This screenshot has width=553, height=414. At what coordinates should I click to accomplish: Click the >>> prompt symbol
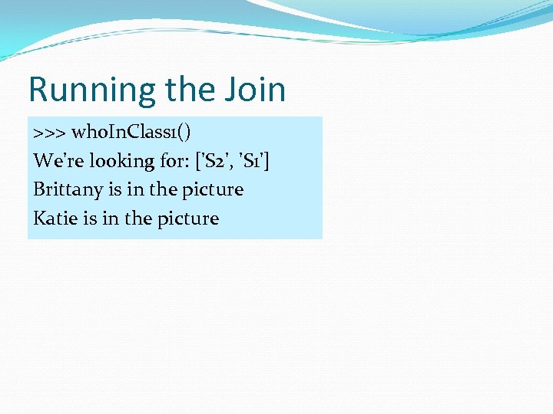49,133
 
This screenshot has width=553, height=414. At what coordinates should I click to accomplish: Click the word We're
55,161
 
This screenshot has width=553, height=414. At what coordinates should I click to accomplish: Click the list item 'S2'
214,161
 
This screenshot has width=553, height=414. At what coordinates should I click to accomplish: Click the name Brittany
68,189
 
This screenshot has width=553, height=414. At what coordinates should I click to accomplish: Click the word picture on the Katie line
188,219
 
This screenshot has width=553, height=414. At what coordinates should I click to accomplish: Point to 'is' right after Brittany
115,189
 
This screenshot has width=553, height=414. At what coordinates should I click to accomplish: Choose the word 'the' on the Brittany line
164,189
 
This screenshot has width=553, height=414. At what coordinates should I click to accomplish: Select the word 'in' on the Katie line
110,219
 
